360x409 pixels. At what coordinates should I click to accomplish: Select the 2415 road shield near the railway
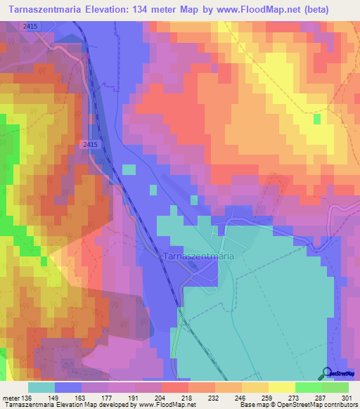click(89, 143)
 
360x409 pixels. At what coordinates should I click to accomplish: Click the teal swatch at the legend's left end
click(41, 387)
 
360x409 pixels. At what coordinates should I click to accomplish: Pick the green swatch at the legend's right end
click(335, 387)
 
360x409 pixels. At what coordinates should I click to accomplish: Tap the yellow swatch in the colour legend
click(282, 387)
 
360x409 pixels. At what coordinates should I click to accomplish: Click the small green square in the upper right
click(317, 119)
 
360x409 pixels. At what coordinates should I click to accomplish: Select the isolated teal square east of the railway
click(129, 169)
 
